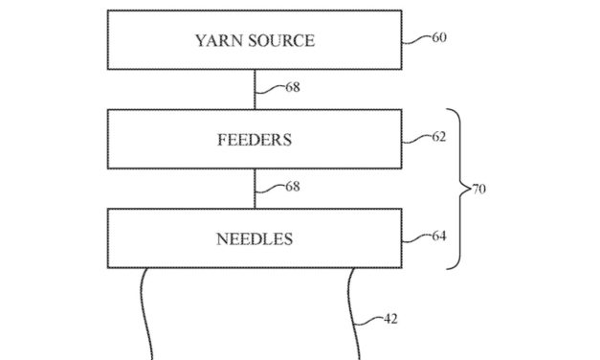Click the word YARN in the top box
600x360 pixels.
click(x=216, y=40)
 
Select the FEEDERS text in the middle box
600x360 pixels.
click(x=254, y=139)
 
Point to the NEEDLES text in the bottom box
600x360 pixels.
click(x=254, y=237)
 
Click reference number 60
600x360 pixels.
click(x=438, y=38)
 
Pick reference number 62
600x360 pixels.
click(x=438, y=137)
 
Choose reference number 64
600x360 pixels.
click(x=438, y=236)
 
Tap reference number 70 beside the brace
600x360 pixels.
click(x=478, y=190)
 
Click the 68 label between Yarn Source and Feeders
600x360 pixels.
click(x=292, y=87)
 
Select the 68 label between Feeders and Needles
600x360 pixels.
click(x=292, y=187)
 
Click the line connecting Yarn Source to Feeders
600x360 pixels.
click(x=254, y=90)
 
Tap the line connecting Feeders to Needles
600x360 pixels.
click(x=254, y=189)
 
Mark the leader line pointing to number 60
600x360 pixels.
click(x=415, y=40)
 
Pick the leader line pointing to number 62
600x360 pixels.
click(x=415, y=139)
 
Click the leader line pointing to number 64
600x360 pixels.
click(x=415, y=237)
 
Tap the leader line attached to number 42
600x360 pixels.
click(x=371, y=324)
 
